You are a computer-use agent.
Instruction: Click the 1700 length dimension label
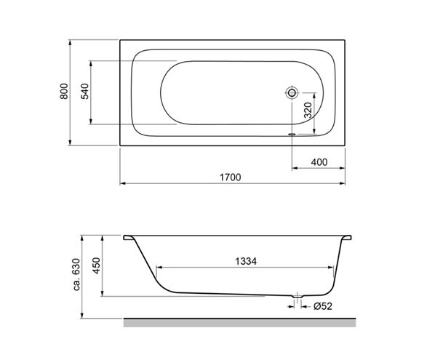(231, 177)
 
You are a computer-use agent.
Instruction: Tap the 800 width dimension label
(64, 91)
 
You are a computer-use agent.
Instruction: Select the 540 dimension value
(84, 91)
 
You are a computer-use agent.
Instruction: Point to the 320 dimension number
(308, 110)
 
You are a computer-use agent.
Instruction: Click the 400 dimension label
(319, 162)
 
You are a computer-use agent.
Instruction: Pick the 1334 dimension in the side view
(246, 261)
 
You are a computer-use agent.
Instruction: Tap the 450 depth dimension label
(97, 265)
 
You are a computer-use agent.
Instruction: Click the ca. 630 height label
(77, 274)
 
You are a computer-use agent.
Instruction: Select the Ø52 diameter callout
(323, 306)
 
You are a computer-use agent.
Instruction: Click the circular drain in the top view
(292, 93)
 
